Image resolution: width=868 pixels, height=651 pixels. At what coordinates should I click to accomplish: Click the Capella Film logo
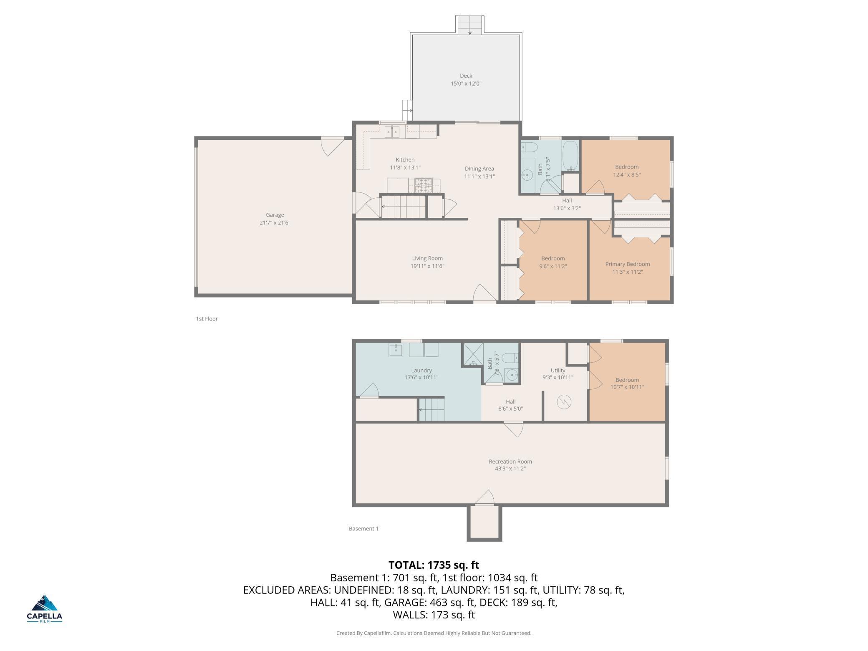[45, 608]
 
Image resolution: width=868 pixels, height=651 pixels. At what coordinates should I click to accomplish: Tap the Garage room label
[275, 215]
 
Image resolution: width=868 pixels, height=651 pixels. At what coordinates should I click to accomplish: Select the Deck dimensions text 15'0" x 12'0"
[466, 83]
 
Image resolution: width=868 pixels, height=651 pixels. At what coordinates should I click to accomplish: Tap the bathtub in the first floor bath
[570, 156]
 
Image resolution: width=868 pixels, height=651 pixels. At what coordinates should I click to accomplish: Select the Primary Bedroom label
[628, 264]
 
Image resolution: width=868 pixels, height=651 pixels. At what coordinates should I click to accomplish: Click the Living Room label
[427, 258]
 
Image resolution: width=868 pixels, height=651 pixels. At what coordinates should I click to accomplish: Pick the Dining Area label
[479, 169]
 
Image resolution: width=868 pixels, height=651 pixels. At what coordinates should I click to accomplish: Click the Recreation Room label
[510, 462]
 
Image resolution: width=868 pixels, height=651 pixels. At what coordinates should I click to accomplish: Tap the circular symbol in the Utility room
[564, 402]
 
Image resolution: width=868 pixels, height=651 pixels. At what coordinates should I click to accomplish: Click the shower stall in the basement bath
[473, 354]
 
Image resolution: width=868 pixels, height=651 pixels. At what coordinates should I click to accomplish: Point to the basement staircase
[431, 409]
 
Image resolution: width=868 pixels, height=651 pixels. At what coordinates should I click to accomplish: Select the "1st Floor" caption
[207, 319]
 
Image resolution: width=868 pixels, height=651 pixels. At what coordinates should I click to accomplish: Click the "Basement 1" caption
[363, 529]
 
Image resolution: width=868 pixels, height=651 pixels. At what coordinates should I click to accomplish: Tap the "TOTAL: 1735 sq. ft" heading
[434, 565]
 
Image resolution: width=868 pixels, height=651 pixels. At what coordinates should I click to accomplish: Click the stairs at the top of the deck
[470, 25]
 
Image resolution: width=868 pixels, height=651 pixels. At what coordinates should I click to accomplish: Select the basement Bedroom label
[627, 380]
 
